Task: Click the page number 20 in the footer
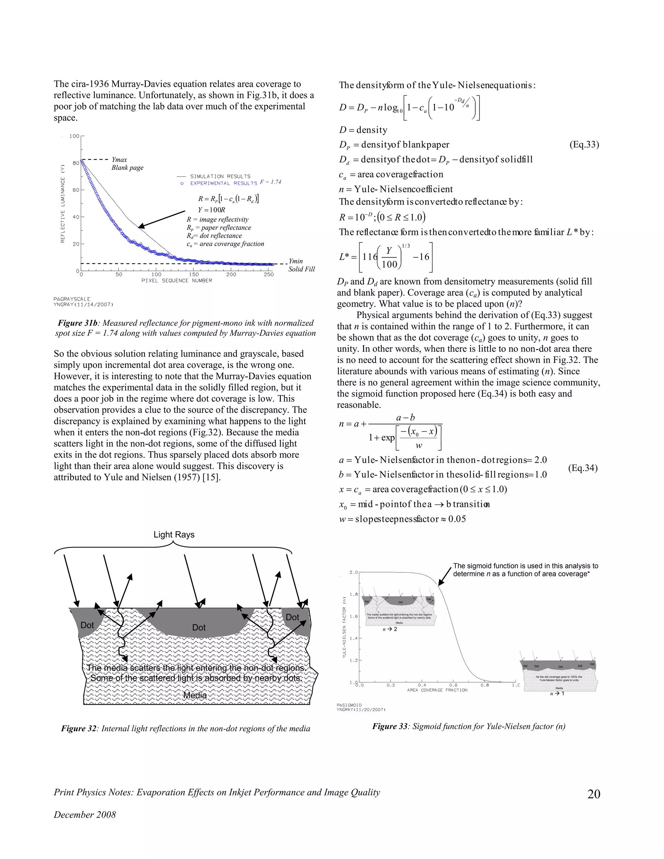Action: (x=594, y=794)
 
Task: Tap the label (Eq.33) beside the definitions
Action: (x=584, y=145)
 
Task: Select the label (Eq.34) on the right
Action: (x=583, y=468)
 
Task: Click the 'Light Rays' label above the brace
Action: (x=174, y=535)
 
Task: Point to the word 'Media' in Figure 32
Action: (x=195, y=695)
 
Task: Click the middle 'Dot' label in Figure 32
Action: (x=199, y=627)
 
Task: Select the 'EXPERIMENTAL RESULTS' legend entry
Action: (x=223, y=183)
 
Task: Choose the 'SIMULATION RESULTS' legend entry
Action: (x=220, y=177)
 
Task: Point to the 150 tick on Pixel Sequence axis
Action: (x=194, y=275)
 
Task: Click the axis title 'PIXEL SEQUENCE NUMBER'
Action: (x=177, y=281)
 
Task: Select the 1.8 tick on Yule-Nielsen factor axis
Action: (x=354, y=594)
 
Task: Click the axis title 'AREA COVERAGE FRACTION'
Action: (x=437, y=690)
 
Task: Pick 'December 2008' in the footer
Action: (x=85, y=815)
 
